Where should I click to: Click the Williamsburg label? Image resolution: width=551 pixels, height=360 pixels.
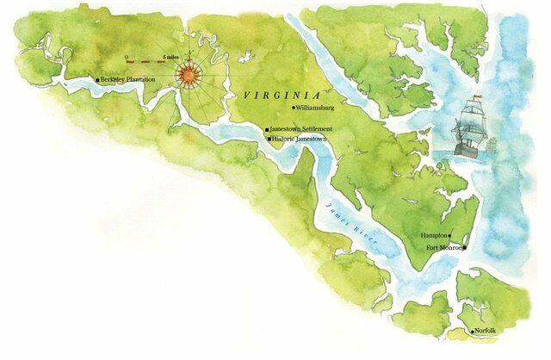pos(320,109)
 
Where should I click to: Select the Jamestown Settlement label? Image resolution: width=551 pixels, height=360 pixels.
pos(301,129)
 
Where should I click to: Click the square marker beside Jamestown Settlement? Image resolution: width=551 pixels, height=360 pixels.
pos(266,129)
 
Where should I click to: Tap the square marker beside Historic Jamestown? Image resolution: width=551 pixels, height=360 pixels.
pos(269,139)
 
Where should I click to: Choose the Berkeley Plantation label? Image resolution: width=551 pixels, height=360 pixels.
pos(128,79)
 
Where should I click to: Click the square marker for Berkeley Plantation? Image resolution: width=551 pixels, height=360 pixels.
pos(97,79)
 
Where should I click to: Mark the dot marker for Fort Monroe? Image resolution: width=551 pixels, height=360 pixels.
pos(464,248)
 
